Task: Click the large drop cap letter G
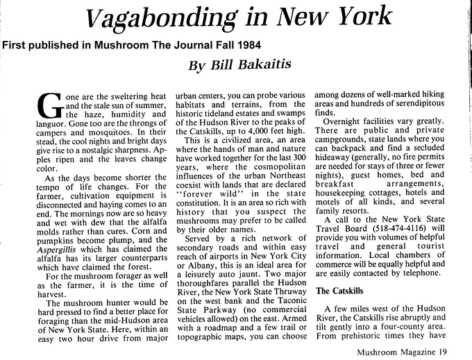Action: tap(48, 105)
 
